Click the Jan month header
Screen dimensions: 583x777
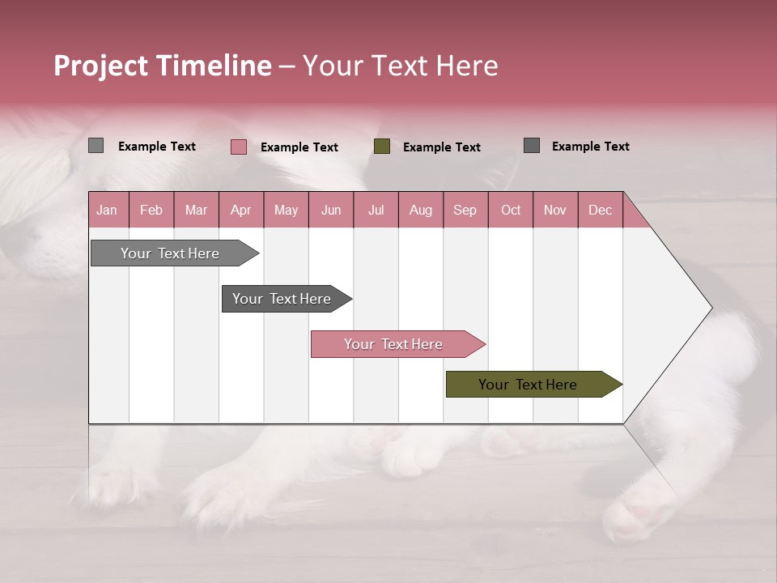[108, 210]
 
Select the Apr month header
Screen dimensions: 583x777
[241, 210]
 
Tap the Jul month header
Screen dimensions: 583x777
[376, 210]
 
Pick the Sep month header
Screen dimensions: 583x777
[465, 210]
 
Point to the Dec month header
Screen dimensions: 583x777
[600, 210]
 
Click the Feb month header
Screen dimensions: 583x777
[151, 210]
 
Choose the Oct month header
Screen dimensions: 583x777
[511, 210]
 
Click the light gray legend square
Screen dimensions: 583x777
[96, 146]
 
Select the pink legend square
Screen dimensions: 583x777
[238, 147]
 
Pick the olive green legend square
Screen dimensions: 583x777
[382, 147]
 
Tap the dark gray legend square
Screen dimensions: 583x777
[531, 146]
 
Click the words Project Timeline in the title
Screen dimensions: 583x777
[163, 66]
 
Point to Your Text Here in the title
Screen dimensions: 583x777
[400, 66]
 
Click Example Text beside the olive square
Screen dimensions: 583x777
[441, 147]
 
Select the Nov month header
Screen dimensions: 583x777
[555, 210]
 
